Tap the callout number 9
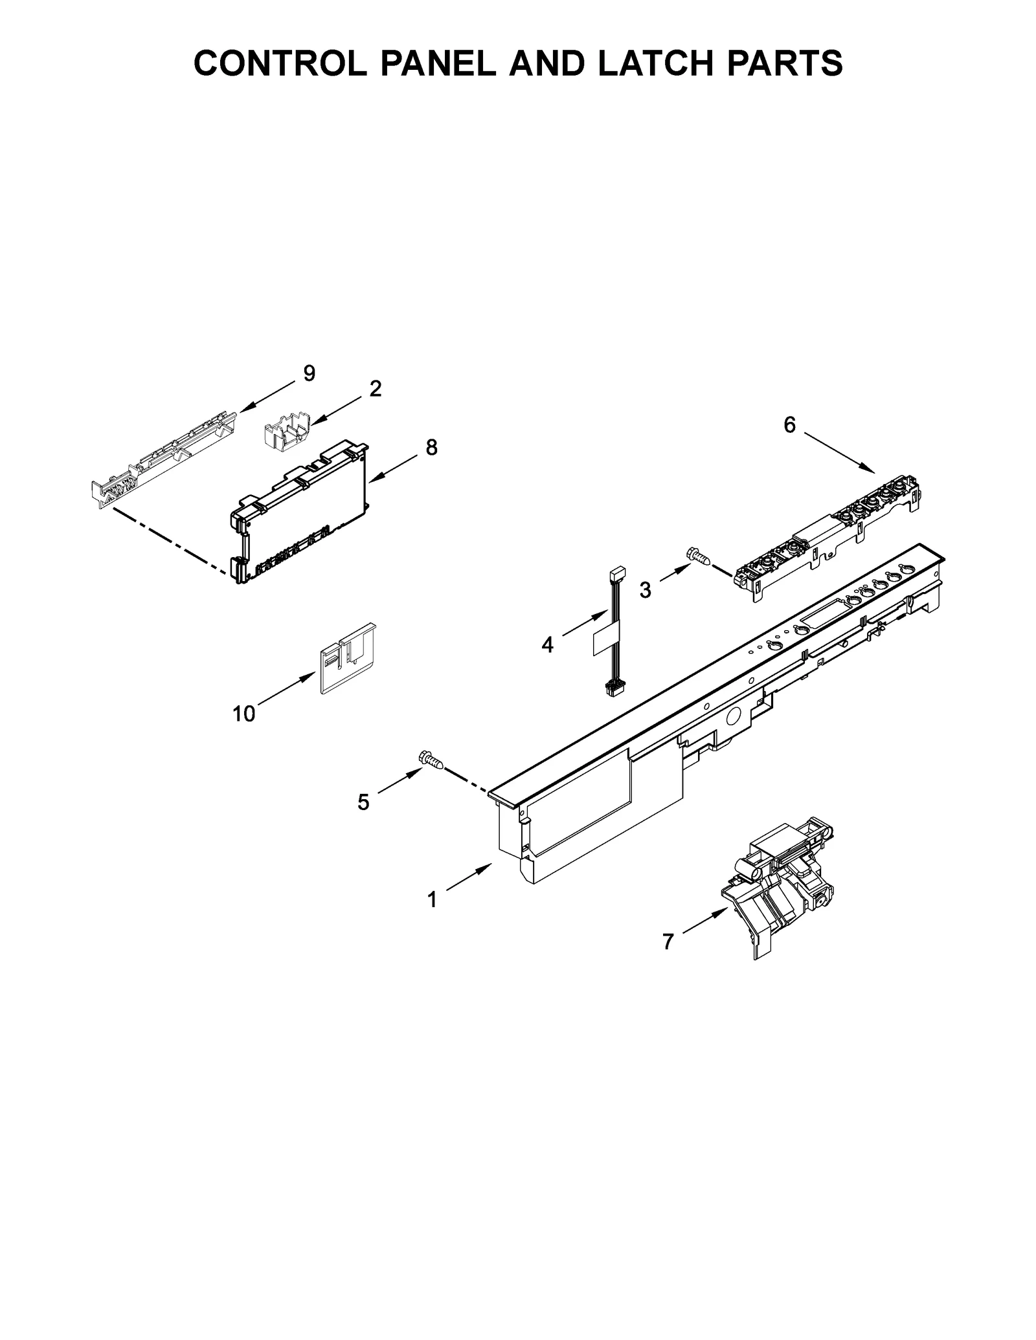pos(309,373)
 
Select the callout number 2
pos(375,389)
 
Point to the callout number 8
pos(431,448)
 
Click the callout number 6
pos(789,425)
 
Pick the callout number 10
pos(244,714)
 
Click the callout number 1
pos(432,900)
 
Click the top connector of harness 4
pos(617,574)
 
